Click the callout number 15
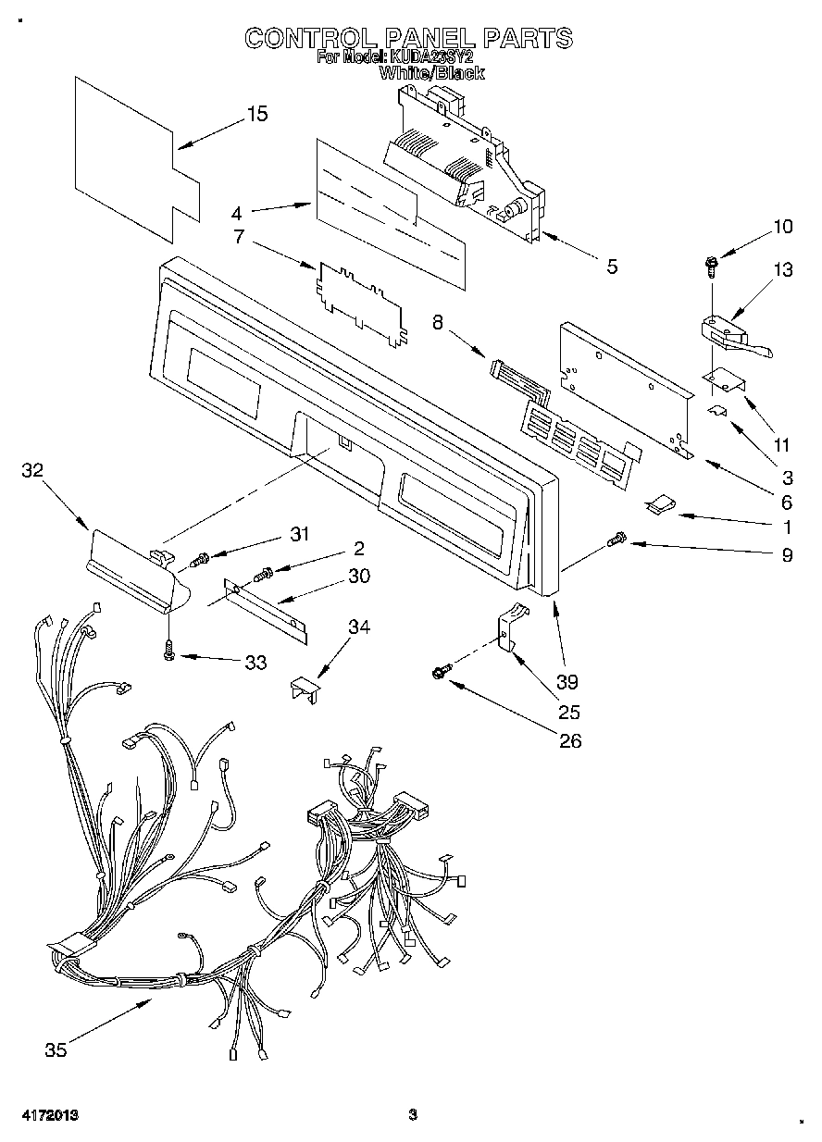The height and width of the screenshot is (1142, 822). coord(257,115)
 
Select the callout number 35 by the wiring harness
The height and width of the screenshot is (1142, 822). coord(56,1049)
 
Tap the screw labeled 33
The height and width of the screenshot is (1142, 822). coord(168,652)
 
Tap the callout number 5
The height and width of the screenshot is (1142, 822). coord(612,267)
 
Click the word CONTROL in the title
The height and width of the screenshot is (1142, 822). coord(310,38)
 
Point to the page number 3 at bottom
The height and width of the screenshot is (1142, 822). coord(414,1116)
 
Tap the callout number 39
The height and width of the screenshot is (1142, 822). coord(567,682)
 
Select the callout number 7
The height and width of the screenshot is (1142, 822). coord(238,237)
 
